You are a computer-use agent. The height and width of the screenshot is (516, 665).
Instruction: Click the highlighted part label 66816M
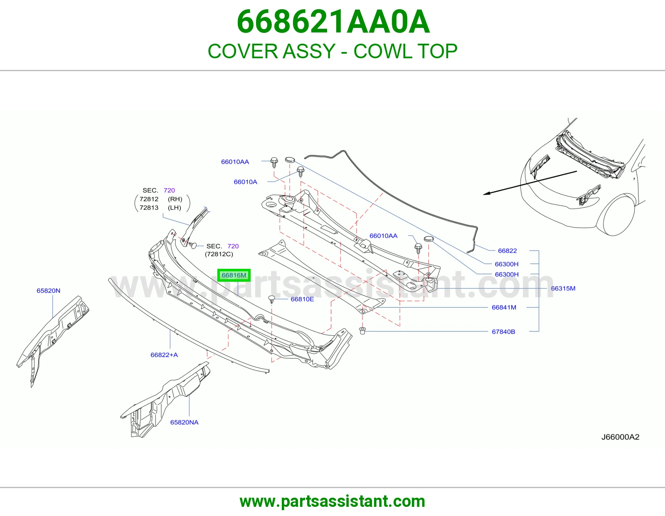234,275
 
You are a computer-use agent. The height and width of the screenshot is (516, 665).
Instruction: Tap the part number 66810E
302,299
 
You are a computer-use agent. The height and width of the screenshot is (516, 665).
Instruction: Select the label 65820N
48,290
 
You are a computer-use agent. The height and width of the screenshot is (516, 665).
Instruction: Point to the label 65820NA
184,422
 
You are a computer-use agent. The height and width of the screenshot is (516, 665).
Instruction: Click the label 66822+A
164,355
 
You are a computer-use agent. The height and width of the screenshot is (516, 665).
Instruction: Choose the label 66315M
563,288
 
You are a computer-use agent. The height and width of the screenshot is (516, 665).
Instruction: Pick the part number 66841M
504,308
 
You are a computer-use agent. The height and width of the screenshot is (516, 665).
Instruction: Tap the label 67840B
503,332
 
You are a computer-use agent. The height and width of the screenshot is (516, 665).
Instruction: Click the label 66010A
246,182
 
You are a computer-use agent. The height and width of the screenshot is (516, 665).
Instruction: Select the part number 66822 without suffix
507,251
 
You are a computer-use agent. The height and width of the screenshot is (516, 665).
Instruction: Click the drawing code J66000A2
620,437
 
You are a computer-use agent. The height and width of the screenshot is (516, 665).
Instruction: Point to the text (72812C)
219,254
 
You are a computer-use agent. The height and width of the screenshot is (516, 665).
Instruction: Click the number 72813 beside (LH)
149,208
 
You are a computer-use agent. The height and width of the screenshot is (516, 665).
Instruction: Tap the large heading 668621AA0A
333,22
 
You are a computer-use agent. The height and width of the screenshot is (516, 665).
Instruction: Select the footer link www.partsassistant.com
332,501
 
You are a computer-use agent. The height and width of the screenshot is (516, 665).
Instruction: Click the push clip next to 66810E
272,300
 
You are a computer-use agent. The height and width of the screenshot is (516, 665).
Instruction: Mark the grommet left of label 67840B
363,331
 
